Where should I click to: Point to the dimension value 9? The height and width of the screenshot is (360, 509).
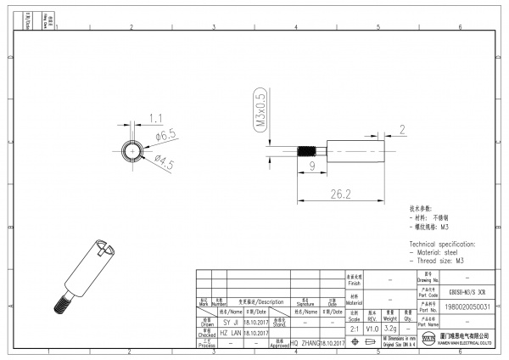coord(311,168)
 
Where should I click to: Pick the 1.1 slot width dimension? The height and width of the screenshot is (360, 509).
coord(155,117)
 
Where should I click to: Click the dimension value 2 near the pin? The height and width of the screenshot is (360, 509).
coord(402,129)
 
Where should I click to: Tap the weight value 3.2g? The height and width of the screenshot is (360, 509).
coord(390,328)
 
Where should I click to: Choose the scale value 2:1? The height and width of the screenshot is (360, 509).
coord(355,328)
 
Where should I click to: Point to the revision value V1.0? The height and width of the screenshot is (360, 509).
coord(372,328)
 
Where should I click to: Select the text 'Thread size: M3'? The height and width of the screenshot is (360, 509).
coord(438,262)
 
